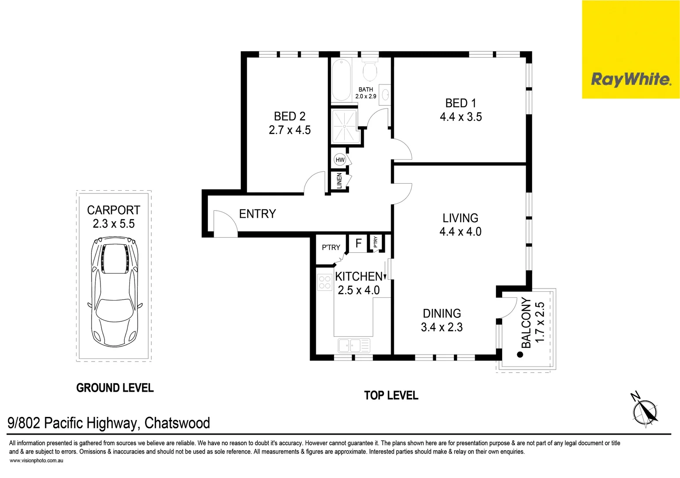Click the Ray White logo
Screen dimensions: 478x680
point(630,80)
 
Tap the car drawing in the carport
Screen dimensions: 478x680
point(115,293)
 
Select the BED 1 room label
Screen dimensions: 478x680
point(461,103)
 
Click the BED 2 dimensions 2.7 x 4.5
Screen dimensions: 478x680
point(290,130)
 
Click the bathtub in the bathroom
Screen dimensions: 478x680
point(341,80)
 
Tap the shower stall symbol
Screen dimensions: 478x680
point(344,127)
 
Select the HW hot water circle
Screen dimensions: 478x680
point(340,160)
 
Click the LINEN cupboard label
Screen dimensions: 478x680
point(339,181)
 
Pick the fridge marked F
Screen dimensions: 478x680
point(358,243)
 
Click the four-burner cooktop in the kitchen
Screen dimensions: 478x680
point(325,282)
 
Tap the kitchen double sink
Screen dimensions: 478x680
point(354,345)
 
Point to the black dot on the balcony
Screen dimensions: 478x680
point(520,355)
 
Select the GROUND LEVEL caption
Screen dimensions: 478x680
point(115,388)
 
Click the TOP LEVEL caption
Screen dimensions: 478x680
point(391,396)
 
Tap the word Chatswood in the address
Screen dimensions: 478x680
point(177,423)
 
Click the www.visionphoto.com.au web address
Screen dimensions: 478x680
point(36,461)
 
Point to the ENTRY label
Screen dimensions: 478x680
point(257,214)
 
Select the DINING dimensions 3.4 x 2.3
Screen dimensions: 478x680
point(442,328)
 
